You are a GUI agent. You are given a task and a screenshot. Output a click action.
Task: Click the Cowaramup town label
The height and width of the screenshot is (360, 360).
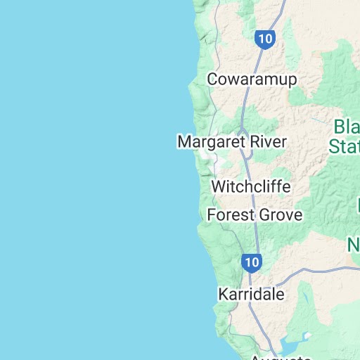pyautogui.click(x=252, y=79)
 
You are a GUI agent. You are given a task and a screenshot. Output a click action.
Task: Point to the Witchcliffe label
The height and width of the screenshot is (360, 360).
pyautogui.click(x=250, y=188)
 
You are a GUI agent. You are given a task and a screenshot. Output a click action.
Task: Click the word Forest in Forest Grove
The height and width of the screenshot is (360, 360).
pyautogui.click(x=229, y=214)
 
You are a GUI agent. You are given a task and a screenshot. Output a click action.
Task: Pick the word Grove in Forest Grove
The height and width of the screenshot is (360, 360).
pyautogui.click(x=279, y=214)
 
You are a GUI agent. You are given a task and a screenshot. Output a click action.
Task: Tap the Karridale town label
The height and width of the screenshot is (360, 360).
pyautogui.click(x=251, y=294)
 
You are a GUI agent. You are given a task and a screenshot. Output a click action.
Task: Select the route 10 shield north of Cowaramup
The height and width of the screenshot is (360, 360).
pyautogui.click(x=264, y=39)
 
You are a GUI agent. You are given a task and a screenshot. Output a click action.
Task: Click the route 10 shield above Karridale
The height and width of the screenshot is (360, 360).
pyautogui.click(x=252, y=264)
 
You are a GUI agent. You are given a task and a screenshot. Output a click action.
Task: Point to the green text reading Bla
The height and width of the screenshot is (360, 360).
pyautogui.click(x=346, y=128)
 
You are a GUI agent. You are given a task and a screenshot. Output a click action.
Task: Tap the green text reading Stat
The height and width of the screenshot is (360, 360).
pyautogui.click(x=345, y=146)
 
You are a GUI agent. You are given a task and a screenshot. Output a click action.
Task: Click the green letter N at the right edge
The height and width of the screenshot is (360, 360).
pyautogui.click(x=353, y=245)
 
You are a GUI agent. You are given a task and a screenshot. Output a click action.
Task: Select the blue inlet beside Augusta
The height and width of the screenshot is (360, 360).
pyautogui.click(x=290, y=345)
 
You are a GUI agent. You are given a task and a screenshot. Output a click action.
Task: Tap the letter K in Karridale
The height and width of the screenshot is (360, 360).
pyautogui.click(x=224, y=294)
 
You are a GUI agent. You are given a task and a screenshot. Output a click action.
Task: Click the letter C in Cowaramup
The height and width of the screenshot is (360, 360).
pyautogui.click(x=212, y=79)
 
